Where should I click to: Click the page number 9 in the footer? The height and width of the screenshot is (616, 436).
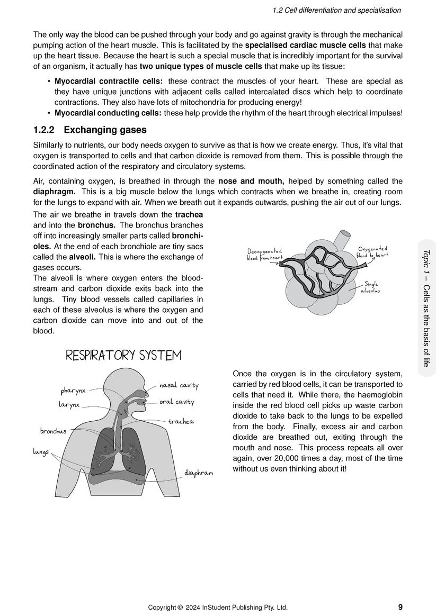(400, 607)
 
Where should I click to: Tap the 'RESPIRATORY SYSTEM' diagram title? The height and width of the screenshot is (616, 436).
(123, 355)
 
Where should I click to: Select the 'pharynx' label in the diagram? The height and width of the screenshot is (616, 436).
(73, 391)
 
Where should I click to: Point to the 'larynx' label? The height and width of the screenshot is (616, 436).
(69, 405)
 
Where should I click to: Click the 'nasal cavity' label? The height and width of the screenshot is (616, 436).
(179, 386)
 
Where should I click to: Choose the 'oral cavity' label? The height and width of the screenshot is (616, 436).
(177, 402)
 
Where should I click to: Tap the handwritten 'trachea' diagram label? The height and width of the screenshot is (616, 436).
(181, 422)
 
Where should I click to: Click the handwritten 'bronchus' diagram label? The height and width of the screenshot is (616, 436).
(54, 431)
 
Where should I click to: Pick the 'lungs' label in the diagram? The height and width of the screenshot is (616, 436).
(41, 452)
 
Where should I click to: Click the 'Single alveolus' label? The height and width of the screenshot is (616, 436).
(370, 287)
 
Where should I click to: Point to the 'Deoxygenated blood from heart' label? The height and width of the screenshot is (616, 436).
(265, 254)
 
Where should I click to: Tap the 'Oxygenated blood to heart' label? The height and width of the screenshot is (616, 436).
(372, 251)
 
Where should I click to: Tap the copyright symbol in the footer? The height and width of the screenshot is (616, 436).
(180, 608)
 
